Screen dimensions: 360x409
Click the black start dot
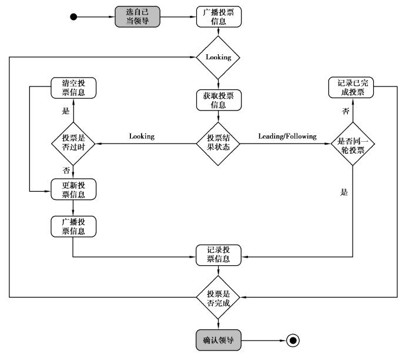73,16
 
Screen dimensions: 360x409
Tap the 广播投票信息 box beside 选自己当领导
218,16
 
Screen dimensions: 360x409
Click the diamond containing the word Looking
218,58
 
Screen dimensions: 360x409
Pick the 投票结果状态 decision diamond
218,142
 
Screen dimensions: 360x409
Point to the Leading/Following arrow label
287,136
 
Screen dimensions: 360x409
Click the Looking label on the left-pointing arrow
142,136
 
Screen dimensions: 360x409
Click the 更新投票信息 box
73,189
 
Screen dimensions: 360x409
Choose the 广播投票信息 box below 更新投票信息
73,227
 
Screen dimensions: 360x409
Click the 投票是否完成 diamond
218,298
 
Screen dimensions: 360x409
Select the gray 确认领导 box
218,339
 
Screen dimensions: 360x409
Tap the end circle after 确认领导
292,339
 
